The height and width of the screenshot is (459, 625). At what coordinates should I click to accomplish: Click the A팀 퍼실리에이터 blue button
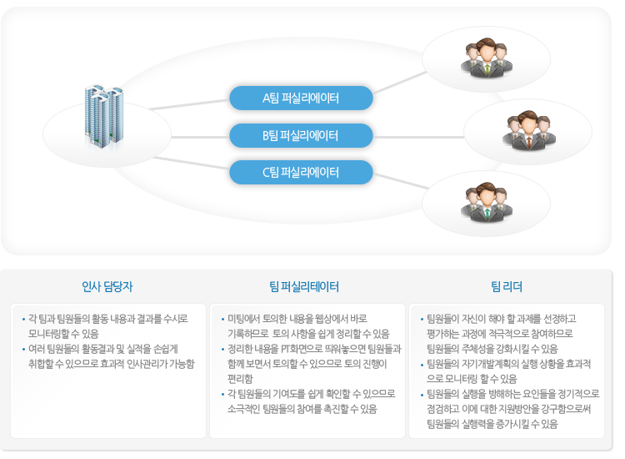tap(301, 98)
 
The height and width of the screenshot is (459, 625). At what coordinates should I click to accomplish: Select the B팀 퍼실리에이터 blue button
tap(301, 135)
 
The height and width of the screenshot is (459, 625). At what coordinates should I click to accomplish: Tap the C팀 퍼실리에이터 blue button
tap(301, 172)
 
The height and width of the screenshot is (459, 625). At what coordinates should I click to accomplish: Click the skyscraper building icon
tap(103, 116)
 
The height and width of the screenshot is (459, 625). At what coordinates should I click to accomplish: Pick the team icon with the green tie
tap(487, 57)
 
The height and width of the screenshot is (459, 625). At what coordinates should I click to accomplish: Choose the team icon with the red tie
tap(529, 130)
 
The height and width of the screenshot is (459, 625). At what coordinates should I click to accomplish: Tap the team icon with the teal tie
tap(487, 202)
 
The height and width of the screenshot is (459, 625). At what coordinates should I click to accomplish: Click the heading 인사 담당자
tap(107, 286)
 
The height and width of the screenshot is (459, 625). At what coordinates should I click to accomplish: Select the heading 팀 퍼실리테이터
tap(304, 286)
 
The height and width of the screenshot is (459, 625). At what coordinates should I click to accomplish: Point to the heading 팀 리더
tap(507, 286)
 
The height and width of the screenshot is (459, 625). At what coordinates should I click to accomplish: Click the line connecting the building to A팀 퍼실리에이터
tap(189, 104)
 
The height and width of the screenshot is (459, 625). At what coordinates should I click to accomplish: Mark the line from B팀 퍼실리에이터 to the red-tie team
tap(418, 137)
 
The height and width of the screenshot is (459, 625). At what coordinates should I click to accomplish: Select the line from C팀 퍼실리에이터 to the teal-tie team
tap(401, 181)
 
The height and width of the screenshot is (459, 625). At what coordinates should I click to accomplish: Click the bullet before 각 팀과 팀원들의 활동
tap(23, 320)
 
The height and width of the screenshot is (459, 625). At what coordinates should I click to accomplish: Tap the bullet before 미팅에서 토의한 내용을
tap(222, 320)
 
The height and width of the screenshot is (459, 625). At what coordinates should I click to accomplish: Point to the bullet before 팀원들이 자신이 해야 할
tap(422, 320)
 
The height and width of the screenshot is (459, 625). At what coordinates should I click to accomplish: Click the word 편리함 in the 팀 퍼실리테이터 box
tap(240, 378)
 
